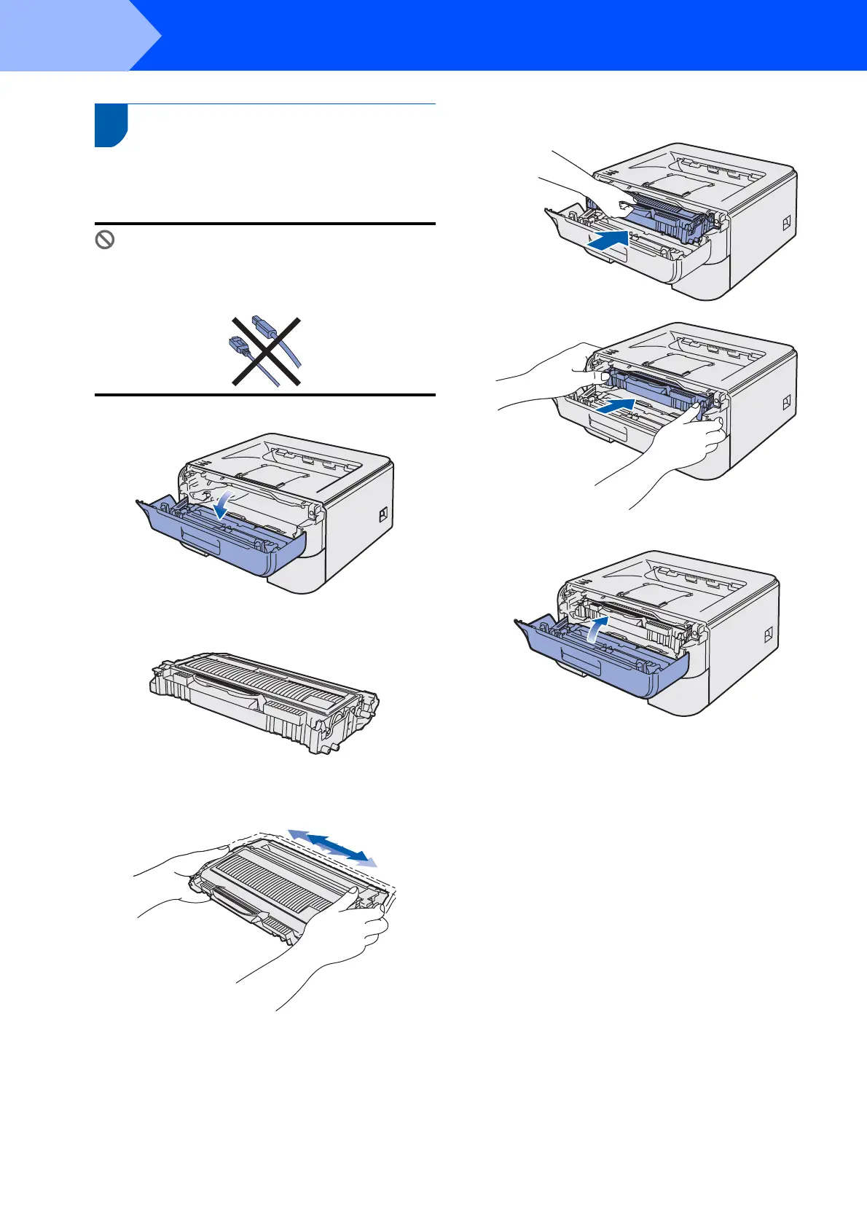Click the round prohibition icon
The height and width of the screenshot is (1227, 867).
pos(105,240)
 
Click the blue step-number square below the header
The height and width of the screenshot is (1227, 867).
pos(111,125)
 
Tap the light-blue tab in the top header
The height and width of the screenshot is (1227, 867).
pos(73,35)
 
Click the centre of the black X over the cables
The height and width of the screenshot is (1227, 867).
pos(266,351)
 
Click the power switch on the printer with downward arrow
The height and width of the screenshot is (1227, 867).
pos(382,515)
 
